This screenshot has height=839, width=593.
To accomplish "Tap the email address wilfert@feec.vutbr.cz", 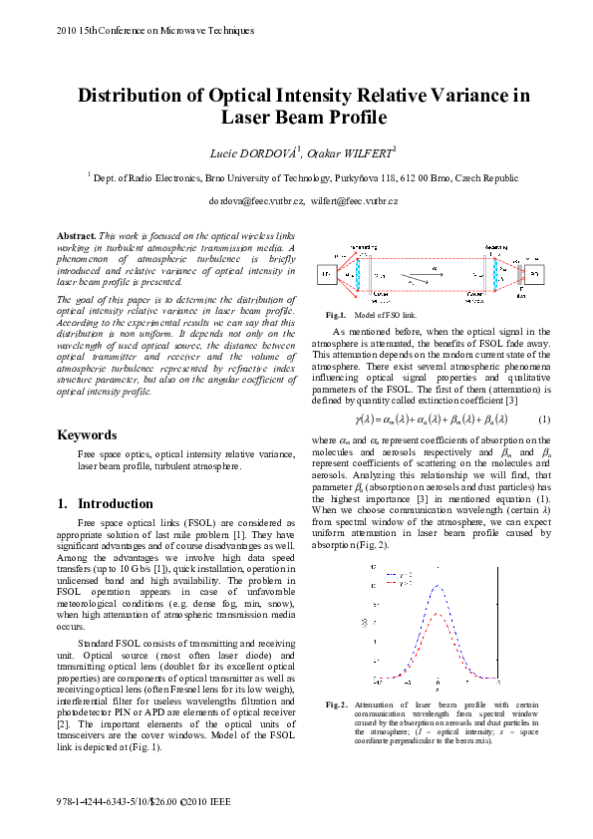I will click(354, 201).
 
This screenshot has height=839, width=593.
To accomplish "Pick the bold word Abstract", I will click(76, 234).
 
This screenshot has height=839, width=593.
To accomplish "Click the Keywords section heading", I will click(88, 434).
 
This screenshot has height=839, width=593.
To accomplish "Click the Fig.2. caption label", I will click(336, 704).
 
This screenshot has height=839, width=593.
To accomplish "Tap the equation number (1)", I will click(543, 419).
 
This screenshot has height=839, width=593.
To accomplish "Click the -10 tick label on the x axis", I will click(380, 683).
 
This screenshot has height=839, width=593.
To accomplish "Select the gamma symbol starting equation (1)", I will click(361, 419).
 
